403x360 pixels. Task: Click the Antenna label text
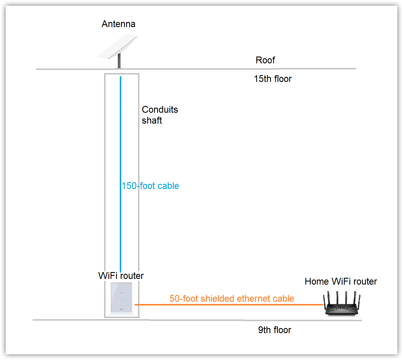coord(118,24)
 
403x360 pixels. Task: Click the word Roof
coord(265,60)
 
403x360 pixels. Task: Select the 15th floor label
coord(273,79)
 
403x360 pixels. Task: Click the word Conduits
coord(160,110)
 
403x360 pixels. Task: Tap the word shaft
coord(152,120)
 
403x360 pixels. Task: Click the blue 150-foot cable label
coord(150,186)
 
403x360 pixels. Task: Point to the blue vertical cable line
coord(120,143)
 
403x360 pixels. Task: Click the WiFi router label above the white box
coord(121,276)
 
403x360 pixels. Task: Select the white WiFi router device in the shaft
coord(121,298)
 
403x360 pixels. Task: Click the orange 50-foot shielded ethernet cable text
coord(232,299)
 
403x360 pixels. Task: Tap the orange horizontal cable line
coord(228,305)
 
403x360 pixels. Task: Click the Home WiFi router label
coord(341,281)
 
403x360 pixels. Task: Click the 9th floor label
coord(274,330)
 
